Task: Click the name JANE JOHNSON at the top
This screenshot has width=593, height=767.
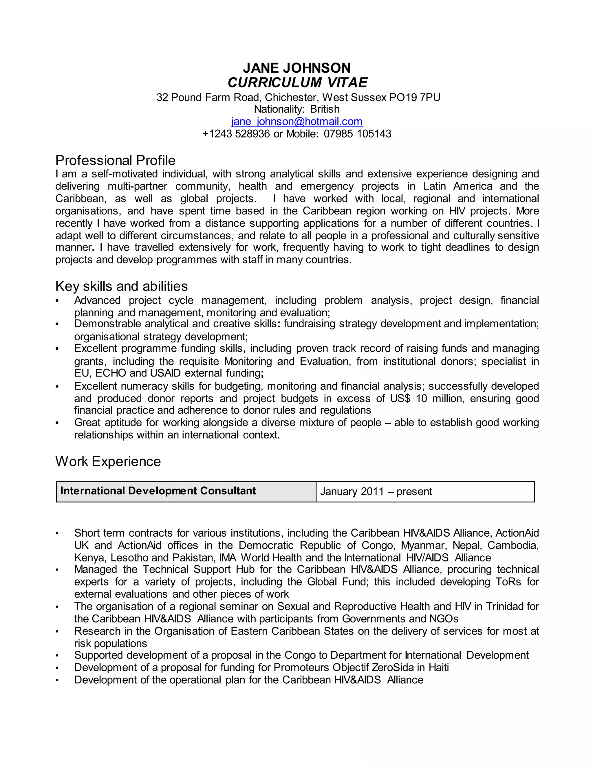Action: pyautogui.click(x=297, y=68)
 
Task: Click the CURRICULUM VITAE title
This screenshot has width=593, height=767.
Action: pyautogui.click(x=297, y=82)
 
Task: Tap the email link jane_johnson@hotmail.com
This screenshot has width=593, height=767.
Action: pyautogui.click(x=297, y=122)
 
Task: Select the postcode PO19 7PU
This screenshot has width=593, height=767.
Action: pyautogui.click(x=415, y=97)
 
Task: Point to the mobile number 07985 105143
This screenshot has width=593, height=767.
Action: pyautogui.click(x=357, y=134)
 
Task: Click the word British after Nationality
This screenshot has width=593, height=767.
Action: pyautogui.click(x=325, y=109)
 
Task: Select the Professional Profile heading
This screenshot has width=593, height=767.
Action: pyautogui.click(x=115, y=161)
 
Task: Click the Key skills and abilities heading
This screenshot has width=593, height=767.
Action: pyautogui.click(x=121, y=286)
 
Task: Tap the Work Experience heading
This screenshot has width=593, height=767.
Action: pyautogui.click(x=108, y=461)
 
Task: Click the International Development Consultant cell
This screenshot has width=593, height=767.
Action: pyautogui.click(x=158, y=491)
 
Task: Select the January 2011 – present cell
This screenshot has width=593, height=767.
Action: pyautogui.click(x=376, y=492)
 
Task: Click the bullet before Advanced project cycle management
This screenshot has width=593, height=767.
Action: pyautogui.click(x=57, y=301)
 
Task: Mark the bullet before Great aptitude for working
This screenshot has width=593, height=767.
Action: pyautogui.click(x=57, y=423)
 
